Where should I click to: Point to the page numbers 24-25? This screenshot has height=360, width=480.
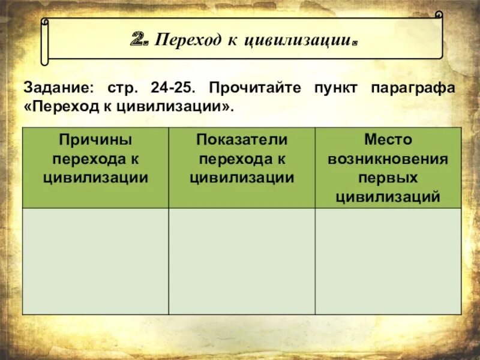coord(172,88)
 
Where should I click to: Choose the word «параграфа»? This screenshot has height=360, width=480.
coord(413,88)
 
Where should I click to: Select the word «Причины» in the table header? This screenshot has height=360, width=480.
coord(95,140)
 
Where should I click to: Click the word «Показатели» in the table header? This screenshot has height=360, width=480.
coord(242,140)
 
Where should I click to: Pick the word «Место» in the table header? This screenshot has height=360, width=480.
coord(388,140)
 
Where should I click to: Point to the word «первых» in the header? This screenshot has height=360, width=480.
coord(388,178)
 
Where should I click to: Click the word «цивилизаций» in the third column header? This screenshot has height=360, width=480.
coord(388,196)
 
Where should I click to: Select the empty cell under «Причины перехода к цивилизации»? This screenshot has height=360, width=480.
coord(95,261)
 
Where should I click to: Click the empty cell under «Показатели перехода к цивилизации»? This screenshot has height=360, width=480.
coord(242,261)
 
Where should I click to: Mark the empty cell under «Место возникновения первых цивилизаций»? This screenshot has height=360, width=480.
coord(388,261)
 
